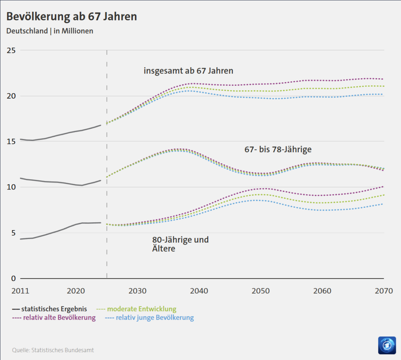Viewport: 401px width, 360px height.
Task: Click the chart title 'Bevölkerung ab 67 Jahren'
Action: pyautogui.click(x=71, y=16)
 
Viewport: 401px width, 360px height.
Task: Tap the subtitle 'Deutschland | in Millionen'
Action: pyautogui.click(x=50, y=31)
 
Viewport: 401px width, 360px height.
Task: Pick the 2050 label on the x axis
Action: pyautogui.click(x=260, y=291)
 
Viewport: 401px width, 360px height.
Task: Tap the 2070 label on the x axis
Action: pyautogui.click(x=383, y=291)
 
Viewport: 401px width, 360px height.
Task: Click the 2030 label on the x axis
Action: pyautogui.click(x=137, y=291)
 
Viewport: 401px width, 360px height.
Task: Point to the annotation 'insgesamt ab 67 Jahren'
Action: pyautogui.click(x=188, y=71)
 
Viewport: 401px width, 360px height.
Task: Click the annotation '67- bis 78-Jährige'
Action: pyautogui.click(x=278, y=149)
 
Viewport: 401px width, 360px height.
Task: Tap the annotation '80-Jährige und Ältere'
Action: pyautogui.click(x=180, y=244)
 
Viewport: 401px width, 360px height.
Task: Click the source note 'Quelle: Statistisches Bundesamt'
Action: pyautogui.click(x=53, y=350)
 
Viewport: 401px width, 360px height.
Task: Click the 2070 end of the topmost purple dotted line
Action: pyautogui.click(x=383, y=79)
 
